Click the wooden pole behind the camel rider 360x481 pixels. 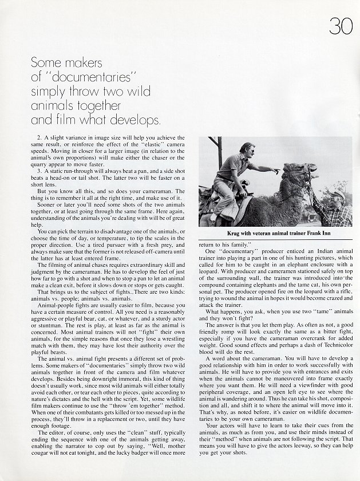pos(219,152)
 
